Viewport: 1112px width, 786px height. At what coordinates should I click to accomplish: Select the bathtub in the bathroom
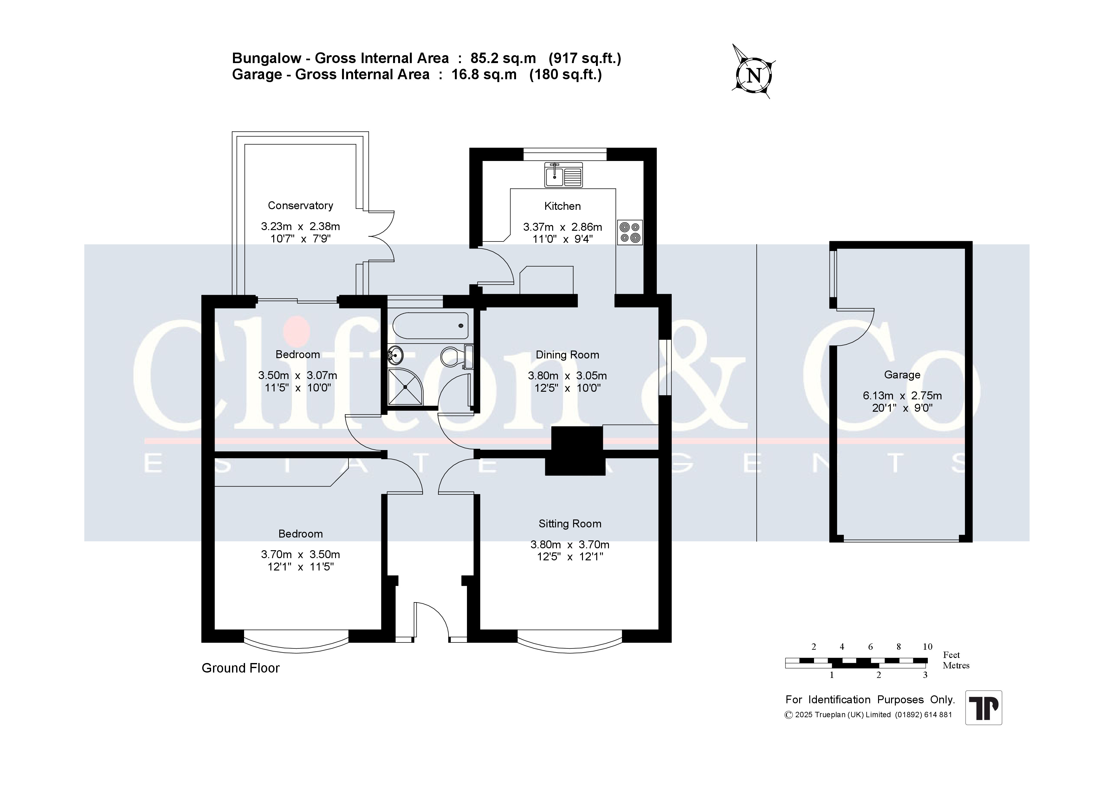[430, 326]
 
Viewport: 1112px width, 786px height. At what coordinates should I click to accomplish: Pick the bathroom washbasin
[395, 356]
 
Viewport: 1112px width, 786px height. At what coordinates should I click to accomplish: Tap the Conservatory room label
[300, 205]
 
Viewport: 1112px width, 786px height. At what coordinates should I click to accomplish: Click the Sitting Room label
[570, 524]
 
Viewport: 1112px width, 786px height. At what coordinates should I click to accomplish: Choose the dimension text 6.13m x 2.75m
[902, 395]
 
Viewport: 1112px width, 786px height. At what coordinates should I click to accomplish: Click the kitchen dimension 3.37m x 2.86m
[562, 227]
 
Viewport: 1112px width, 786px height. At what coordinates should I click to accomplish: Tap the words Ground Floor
[241, 668]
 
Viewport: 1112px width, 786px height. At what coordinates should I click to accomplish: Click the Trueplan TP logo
[984, 707]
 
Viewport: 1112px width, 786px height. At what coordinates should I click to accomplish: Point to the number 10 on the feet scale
[927, 647]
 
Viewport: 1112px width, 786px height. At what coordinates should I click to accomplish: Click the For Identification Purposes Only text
[870, 700]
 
